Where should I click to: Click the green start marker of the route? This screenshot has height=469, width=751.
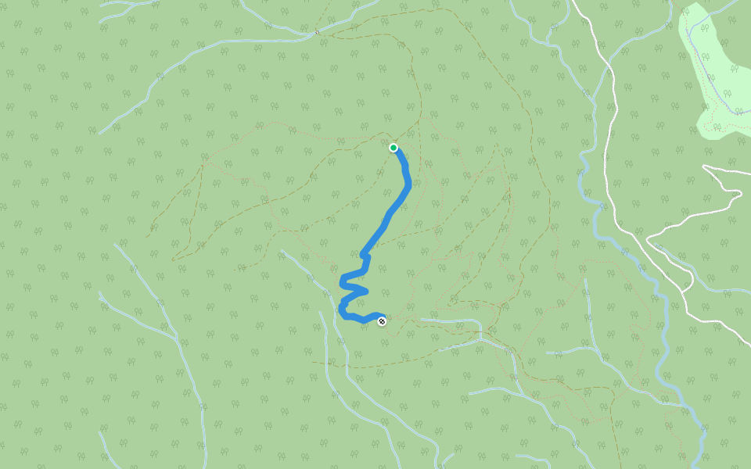coord(393,147)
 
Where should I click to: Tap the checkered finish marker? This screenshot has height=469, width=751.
coord(382,321)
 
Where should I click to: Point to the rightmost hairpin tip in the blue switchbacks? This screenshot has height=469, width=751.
coord(366,292)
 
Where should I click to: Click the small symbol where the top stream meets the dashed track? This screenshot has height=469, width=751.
coord(317,32)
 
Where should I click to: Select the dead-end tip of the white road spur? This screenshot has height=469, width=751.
coord(704,166)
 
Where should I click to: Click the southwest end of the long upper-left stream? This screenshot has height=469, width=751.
coord(100,133)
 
